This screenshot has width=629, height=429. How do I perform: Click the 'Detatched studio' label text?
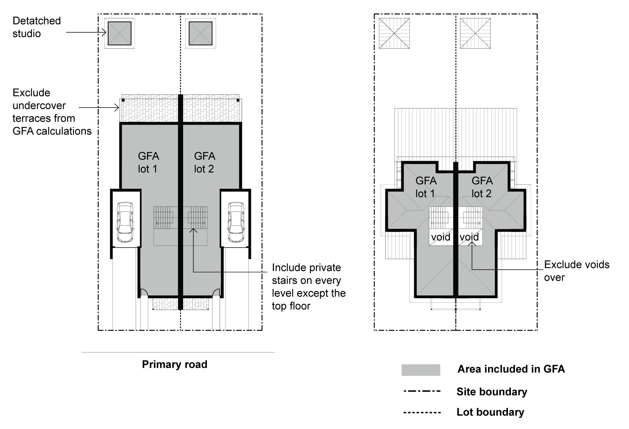coord(37,27)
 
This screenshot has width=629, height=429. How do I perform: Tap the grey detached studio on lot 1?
coord(119,33)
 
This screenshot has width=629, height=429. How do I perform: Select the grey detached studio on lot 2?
coord(200,33)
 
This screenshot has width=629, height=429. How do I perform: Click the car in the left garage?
coord(125,222)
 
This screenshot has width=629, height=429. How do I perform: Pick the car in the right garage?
coord(236,222)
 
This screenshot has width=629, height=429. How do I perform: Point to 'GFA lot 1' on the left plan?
coord(148,162)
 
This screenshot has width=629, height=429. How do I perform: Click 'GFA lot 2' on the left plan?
coord(205,162)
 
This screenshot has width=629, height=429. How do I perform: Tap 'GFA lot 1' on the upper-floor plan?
coord(426,187)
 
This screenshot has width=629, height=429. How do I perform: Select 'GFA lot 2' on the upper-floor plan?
coord(482,187)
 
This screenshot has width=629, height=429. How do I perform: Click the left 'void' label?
coord(441,237)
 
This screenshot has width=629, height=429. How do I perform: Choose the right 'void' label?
coord(469,237)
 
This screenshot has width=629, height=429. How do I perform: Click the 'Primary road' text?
coord(175,364)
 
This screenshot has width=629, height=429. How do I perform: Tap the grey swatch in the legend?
coord(421,370)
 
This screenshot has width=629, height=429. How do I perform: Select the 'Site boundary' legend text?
coord(492,392)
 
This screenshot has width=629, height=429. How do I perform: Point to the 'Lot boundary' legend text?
coord(490,412)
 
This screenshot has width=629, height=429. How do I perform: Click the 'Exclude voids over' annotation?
coord(577,271)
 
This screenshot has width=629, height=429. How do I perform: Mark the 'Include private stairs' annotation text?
coord(309,287)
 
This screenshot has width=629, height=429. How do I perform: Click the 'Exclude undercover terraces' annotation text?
coord(52,112)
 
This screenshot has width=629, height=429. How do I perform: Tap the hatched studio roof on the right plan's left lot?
coord(394,33)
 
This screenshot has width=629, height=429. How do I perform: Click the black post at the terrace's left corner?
coord(123,100)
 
